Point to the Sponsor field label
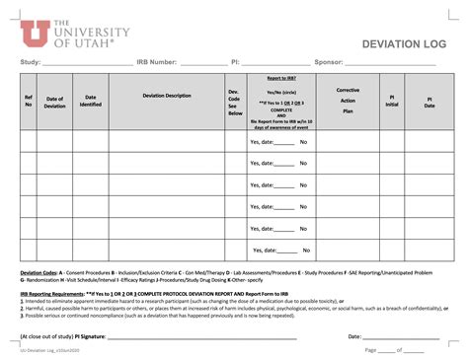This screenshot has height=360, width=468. coord(331,62)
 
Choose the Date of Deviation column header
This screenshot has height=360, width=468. coord(55,103)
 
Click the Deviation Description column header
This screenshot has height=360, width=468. coord(167,96)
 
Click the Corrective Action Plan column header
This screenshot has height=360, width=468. coord(348,101)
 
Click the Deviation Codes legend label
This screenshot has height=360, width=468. coord(39,272)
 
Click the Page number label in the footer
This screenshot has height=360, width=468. coord(371,349)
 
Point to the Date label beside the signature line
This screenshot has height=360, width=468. coord(353,336)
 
